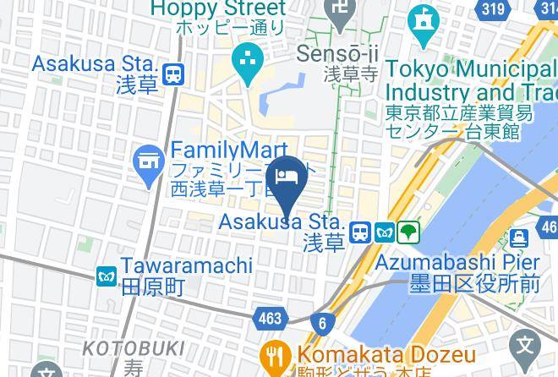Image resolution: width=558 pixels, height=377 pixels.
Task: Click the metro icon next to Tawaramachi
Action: [x=107, y=276]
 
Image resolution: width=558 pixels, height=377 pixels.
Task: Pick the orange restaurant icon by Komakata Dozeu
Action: [x=275, y=353]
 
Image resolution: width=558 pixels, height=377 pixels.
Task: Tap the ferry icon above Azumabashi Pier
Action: [x=520, y=238]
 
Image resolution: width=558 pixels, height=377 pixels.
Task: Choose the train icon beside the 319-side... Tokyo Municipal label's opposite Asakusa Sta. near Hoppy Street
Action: [x=174, y=74]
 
